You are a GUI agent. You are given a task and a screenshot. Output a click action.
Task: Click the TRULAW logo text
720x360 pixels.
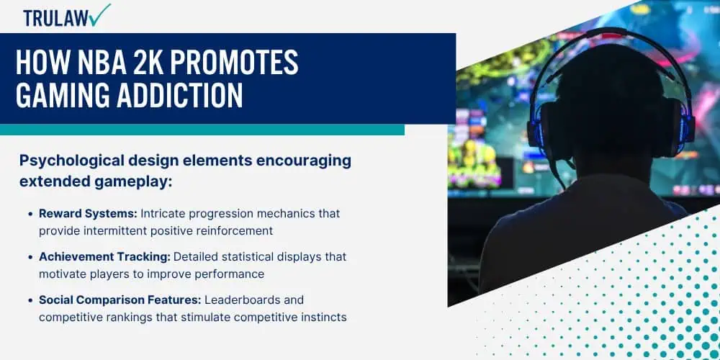(x=56, y=19)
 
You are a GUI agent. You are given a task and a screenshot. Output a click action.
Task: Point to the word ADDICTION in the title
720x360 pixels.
(x=179, y=95)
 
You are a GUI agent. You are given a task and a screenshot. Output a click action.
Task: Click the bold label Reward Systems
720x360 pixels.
(x=87, y=214)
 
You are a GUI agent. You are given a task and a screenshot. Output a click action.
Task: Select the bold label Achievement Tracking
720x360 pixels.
(x=104, y=257)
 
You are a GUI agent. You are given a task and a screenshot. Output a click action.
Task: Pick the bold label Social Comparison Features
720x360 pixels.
(x=120, y=300)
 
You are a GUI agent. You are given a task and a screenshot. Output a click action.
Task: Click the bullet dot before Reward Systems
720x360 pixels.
(x=31, y=215)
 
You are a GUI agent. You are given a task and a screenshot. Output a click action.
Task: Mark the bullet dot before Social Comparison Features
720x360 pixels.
(x=31, y=301)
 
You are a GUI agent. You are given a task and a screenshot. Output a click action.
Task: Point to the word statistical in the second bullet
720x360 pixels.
(x=248, y=257)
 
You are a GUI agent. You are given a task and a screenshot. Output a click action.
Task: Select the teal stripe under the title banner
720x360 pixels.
(x=202, y=130)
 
